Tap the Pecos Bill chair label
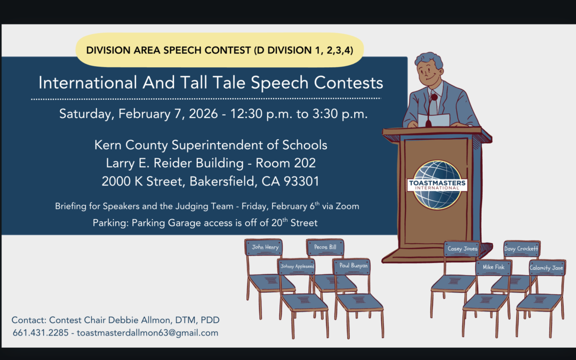(325, 247)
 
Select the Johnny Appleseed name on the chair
(297, 266)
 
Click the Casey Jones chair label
(462, 249)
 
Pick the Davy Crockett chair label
(521, 249)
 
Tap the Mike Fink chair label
(493, 267)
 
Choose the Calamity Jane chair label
(546, 268)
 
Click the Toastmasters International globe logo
(437, 185)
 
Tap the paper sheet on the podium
(434, 120)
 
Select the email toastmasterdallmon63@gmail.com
(147, 333)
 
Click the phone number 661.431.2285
(41, 333)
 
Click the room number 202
(305, 163)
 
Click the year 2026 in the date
(203, 114)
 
